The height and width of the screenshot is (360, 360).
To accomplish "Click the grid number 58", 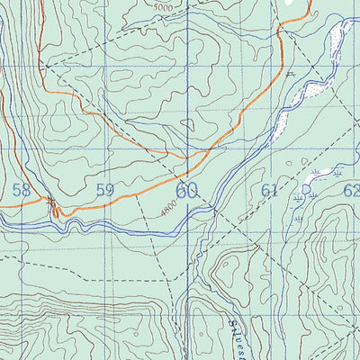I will [x=22, y=190].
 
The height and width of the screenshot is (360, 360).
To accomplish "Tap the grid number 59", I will [x=104, y=190].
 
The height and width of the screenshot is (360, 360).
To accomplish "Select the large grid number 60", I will [x=186, y=190].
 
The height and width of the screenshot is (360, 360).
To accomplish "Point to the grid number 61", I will [x=269, y=190].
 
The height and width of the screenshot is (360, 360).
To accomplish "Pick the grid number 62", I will [x=351, y=190].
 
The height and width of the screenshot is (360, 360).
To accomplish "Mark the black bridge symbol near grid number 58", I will [x=51, y=202].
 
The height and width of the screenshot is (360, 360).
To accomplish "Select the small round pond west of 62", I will [x=308, y=189].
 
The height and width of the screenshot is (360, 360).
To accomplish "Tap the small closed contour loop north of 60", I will [x=188, y=127].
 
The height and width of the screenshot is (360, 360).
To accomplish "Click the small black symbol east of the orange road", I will [x=291, y=76].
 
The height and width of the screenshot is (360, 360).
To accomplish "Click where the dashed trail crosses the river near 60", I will [x=213, y=208].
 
